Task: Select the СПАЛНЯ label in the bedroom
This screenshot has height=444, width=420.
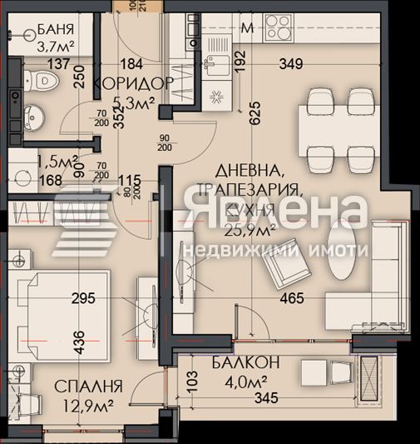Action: coord(88,387)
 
